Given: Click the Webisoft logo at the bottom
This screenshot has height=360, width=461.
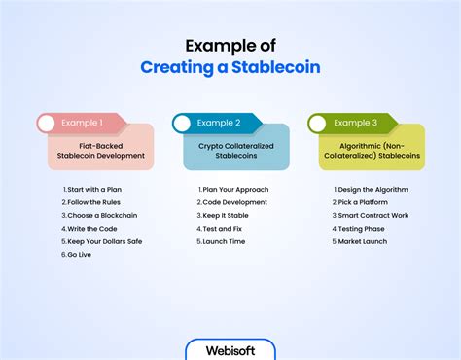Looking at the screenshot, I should click(230, 349).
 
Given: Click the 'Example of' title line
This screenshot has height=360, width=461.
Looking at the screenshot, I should click(230, 45).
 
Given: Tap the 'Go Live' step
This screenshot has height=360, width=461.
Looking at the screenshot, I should click(77, 255).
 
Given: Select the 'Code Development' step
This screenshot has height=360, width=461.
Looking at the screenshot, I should click(234, 202).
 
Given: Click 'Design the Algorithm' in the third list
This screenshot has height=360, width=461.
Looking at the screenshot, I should click(371, 189).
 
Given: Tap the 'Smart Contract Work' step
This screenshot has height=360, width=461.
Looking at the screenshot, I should click(372, 215).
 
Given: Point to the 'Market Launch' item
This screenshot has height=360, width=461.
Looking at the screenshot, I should click(362, 241).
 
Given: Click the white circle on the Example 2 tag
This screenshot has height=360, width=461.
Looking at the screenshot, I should click(181, 124).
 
